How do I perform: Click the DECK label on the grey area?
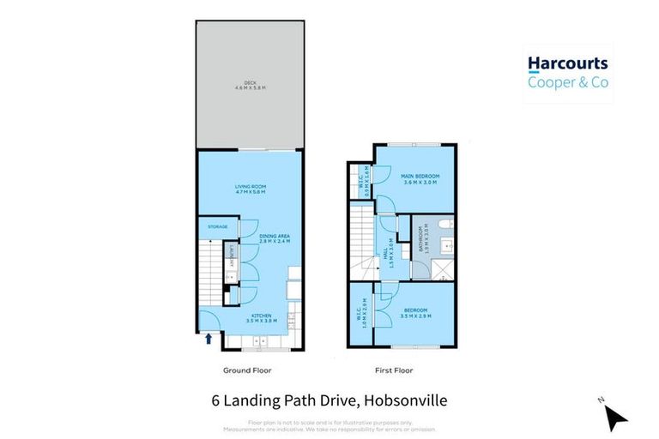[251, 86]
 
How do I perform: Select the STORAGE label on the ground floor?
[217, 227]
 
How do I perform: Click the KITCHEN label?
[261, 317]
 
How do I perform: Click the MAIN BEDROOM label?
[419, 178]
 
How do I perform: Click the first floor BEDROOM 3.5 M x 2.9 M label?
[416, 312]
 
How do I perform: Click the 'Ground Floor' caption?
[246, 371]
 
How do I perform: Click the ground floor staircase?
[210, 270]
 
